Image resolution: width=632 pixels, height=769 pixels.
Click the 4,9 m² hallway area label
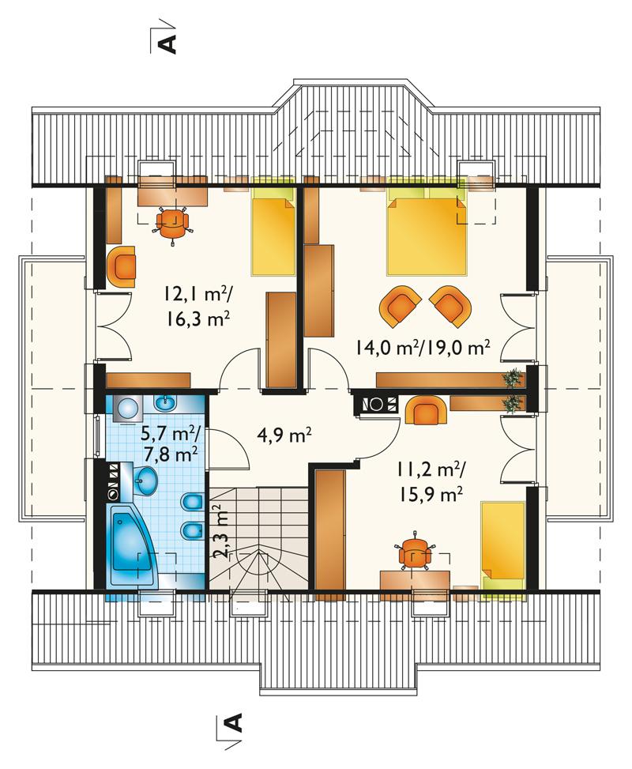284,434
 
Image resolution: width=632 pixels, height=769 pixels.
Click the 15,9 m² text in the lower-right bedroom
430,495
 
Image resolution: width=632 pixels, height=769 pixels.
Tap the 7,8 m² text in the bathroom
171,454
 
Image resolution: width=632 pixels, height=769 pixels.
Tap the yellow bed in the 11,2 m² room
503,544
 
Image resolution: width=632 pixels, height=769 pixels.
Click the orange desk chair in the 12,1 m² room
171,224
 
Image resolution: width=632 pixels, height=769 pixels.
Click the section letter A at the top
167,43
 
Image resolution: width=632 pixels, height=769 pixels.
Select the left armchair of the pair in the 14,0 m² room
400,307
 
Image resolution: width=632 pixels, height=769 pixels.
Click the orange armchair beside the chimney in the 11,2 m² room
426,409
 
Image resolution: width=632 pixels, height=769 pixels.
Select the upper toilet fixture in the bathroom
191,502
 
